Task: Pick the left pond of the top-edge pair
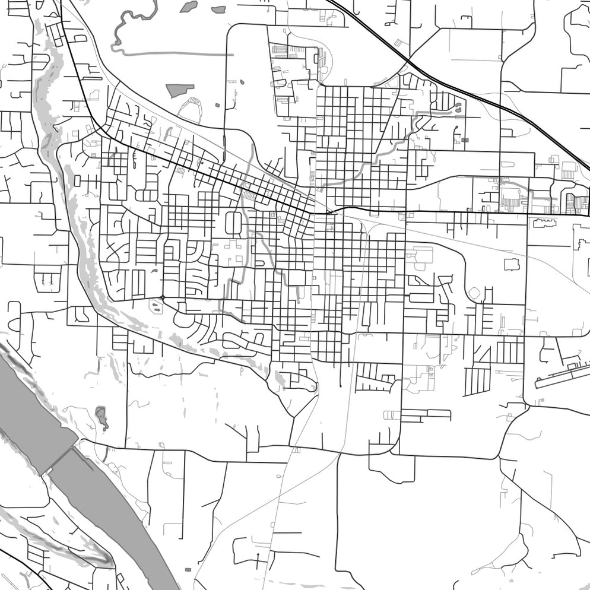[x=189, y=7]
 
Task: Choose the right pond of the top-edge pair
[x=218, y=9]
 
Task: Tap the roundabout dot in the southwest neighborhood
[x=162, y=297]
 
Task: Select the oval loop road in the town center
[x=233, y=223]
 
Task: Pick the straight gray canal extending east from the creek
[x=178, y=55]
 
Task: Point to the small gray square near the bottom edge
[x=188, y=570]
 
